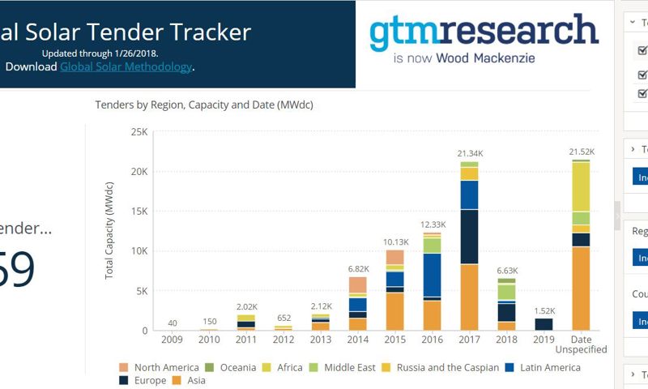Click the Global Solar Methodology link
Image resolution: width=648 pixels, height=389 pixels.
click(x=126, y=66)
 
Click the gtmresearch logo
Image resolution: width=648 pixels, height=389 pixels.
click(x=484, y=32)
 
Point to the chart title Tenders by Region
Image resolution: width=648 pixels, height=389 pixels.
click(x=203, y=105)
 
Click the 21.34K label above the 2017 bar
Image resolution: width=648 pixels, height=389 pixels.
click(x=469, y=153)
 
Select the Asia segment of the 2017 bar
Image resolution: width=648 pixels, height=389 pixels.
click(x=469, y=297)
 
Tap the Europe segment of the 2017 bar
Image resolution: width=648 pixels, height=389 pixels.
click(x=469, y=237)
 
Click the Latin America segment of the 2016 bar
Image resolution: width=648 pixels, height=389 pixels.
click(x=432, y=276)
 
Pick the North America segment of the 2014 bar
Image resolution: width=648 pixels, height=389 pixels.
click(x=358, y=284)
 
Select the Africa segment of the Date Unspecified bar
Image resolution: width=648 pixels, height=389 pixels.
click(x=580, y=186)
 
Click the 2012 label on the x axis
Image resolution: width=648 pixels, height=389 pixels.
click(x=283, y=339)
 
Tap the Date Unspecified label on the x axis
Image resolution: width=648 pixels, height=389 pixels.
click(x=580, y=344)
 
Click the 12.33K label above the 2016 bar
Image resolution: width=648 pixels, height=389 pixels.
click(x=432, y=224)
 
